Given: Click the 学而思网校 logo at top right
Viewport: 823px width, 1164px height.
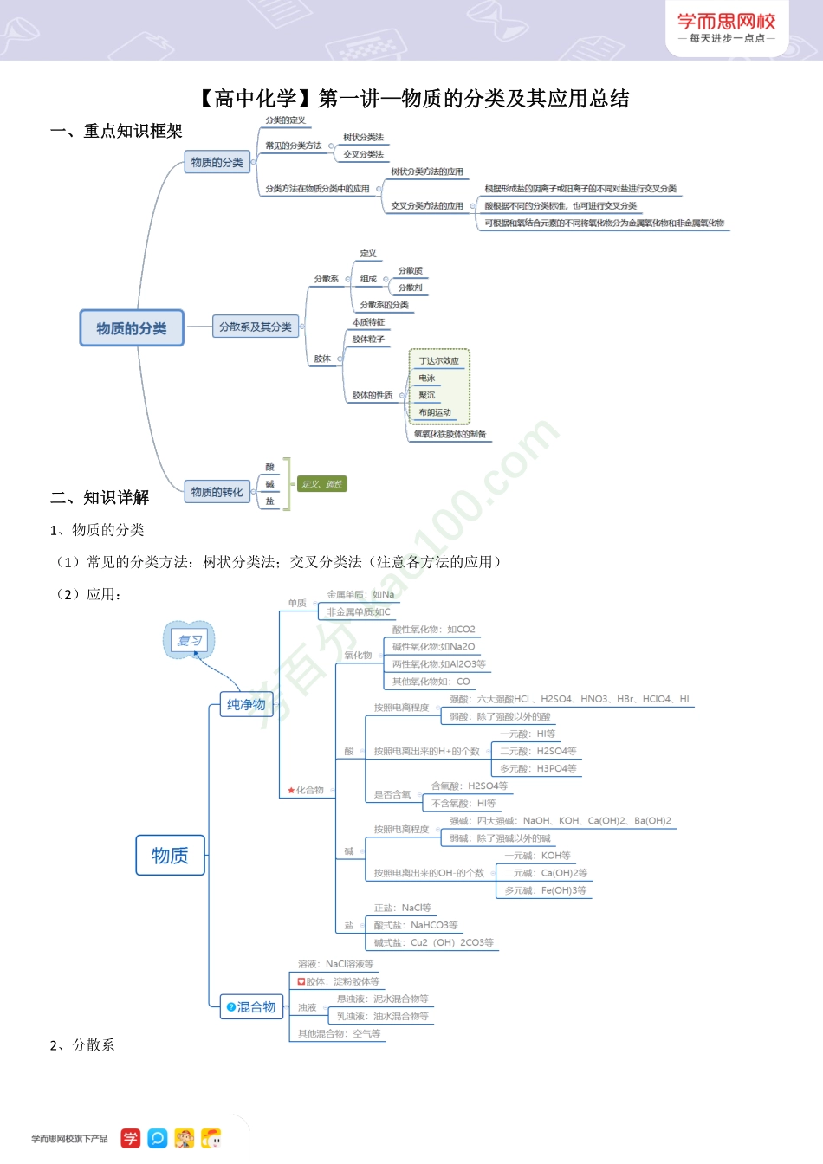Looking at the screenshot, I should (x=726, y=27).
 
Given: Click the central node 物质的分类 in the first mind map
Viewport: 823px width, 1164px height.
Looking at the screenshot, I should (x=132, y=328).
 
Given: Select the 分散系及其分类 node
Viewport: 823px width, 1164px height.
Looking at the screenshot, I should (x=255, y=327).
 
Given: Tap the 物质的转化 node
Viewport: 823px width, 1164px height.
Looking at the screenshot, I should (x=217, y=492).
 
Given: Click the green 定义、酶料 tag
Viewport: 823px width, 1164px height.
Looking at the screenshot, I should (x=321, y=484).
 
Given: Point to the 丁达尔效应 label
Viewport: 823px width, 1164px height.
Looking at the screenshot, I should (x=438, y=361).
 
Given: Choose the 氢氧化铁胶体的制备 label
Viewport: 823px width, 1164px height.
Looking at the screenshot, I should (x=450, y=434).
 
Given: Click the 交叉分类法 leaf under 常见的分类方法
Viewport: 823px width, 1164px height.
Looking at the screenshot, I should (x=363, y=154).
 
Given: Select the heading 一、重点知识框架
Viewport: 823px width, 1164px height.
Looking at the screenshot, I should (x=116, y=131).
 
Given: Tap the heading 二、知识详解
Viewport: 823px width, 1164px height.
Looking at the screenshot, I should (x=100, y=497).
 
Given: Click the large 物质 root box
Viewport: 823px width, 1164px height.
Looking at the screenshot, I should (x=170, y=856).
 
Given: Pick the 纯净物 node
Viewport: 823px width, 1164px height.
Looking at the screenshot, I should (x=246, y=705).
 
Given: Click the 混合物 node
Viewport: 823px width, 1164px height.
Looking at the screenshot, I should (x=251, y=1007).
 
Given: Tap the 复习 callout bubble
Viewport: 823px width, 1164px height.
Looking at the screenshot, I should (x=189, y=641).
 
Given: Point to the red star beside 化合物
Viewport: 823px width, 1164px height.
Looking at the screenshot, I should (x=291, y=790).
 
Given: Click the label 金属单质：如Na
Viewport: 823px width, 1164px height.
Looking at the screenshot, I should (x=360, y=595).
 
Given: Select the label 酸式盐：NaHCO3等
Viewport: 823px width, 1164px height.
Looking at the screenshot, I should (x=415, y=925).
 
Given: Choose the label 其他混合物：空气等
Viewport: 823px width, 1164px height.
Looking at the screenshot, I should (x=339, y=1033).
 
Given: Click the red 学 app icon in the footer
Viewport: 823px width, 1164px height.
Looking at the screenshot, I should (x=130, y=1138).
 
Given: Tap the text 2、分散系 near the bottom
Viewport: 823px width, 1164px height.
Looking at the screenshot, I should (x=82, y=1045).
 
